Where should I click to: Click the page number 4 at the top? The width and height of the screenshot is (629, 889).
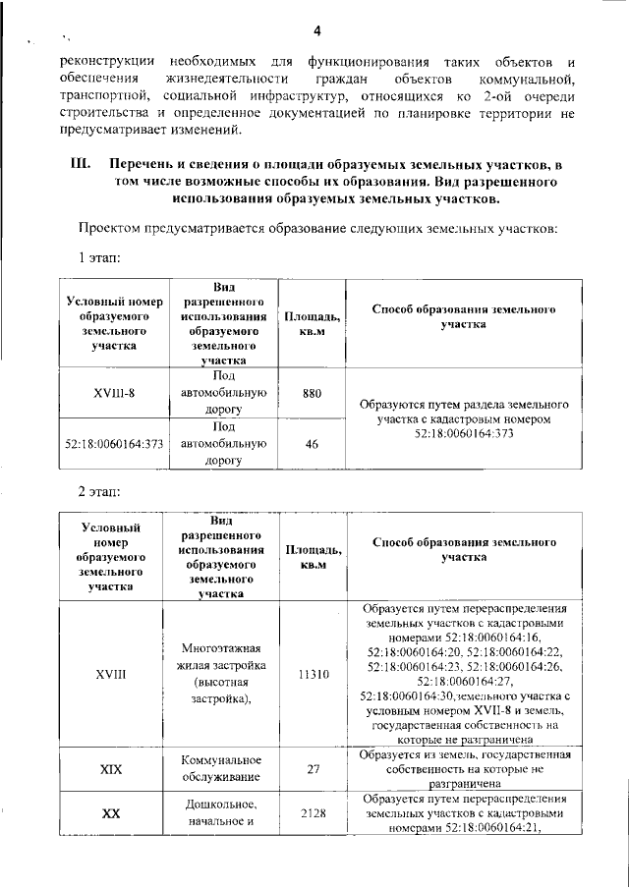(316, 28)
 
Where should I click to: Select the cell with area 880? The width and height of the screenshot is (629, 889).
(312, 393)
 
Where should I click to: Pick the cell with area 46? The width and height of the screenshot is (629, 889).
(312, 444)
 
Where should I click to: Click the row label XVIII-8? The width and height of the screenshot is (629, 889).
(114, 393)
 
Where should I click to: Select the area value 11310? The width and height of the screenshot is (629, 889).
(312, 675)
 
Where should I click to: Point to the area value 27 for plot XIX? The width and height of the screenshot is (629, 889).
(312, 769)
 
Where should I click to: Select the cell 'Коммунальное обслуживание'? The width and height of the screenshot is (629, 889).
(223, 769)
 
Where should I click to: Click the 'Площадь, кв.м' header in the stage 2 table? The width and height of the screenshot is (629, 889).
(312, 557)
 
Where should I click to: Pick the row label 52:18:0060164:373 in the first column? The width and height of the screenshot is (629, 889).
(114, 444)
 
